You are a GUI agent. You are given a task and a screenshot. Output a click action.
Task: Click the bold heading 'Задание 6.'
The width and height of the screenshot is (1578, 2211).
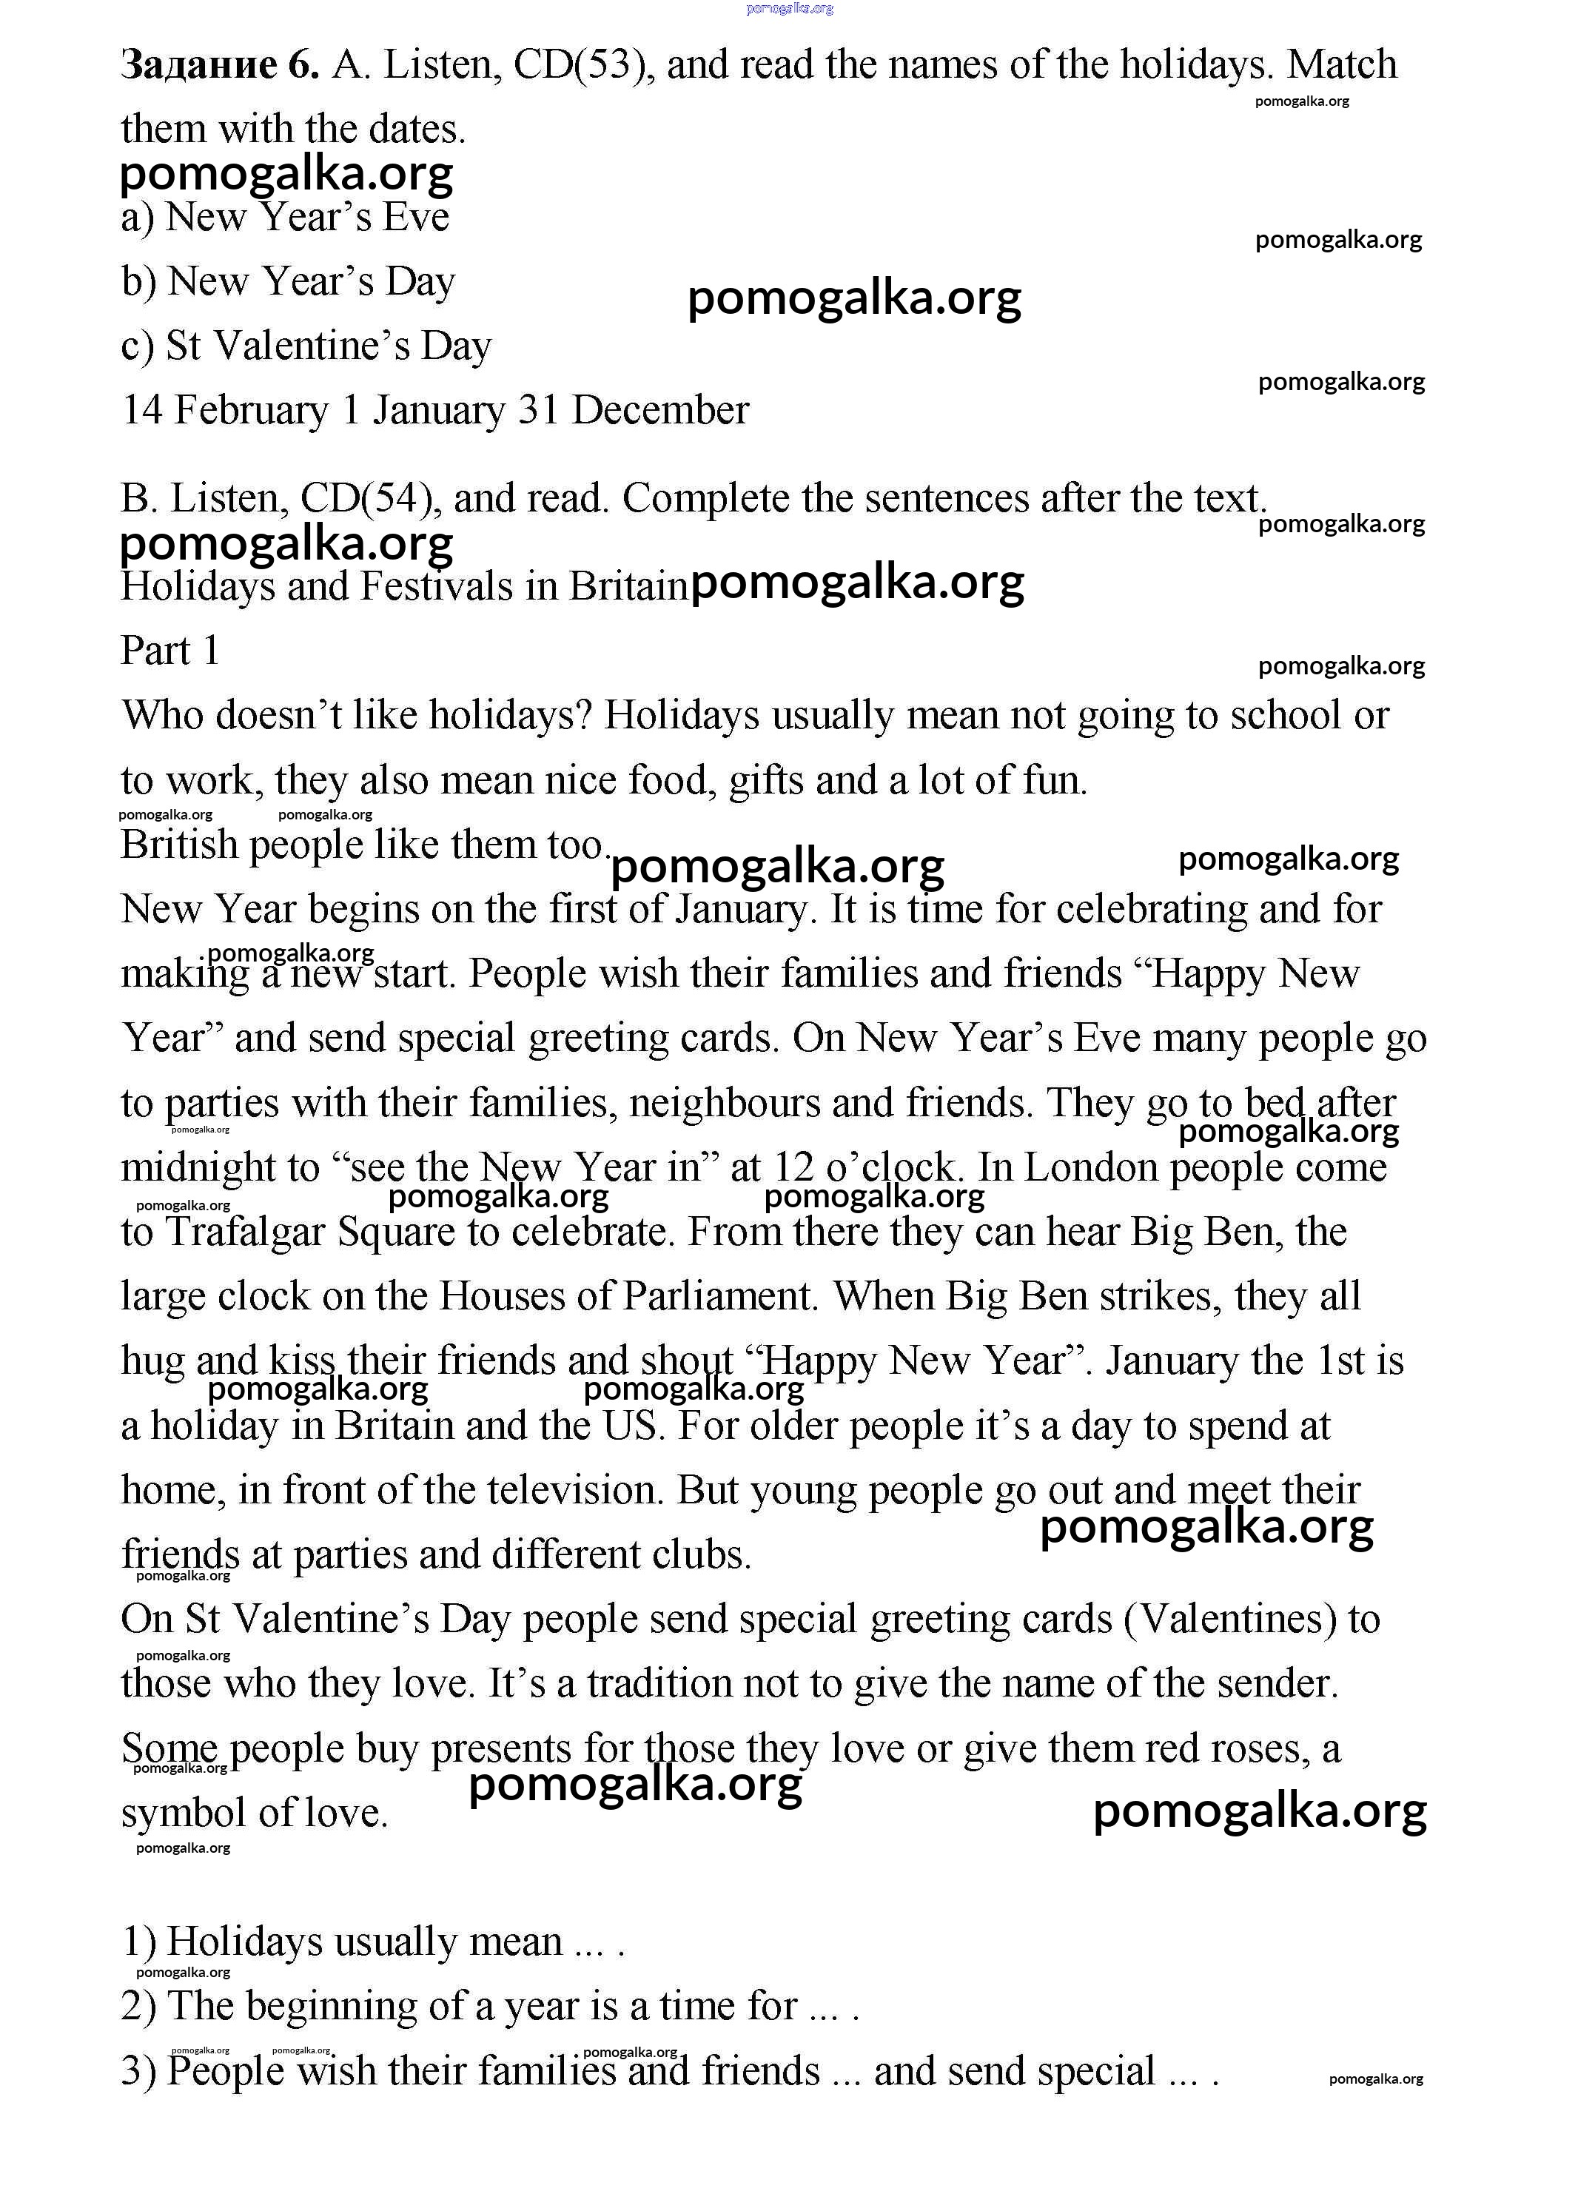tap(220, 65)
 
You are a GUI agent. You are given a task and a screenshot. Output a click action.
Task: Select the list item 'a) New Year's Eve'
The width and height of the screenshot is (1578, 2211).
tap(285, 217)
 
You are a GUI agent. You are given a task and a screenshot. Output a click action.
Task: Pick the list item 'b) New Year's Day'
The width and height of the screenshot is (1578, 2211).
tap(288, 282)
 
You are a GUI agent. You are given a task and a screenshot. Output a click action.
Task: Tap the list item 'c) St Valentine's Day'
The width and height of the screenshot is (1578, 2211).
tap(306, 346)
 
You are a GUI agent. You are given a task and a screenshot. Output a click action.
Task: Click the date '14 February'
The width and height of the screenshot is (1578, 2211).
tap(224, 410)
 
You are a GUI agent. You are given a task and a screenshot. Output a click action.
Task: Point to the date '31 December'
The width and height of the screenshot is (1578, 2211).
tap(633, 410)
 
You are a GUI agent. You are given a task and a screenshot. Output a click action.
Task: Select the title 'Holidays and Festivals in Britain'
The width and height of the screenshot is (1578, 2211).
tap(403, 587)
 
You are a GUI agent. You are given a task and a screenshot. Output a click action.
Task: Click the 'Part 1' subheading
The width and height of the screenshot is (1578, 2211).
tap(170, 651)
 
